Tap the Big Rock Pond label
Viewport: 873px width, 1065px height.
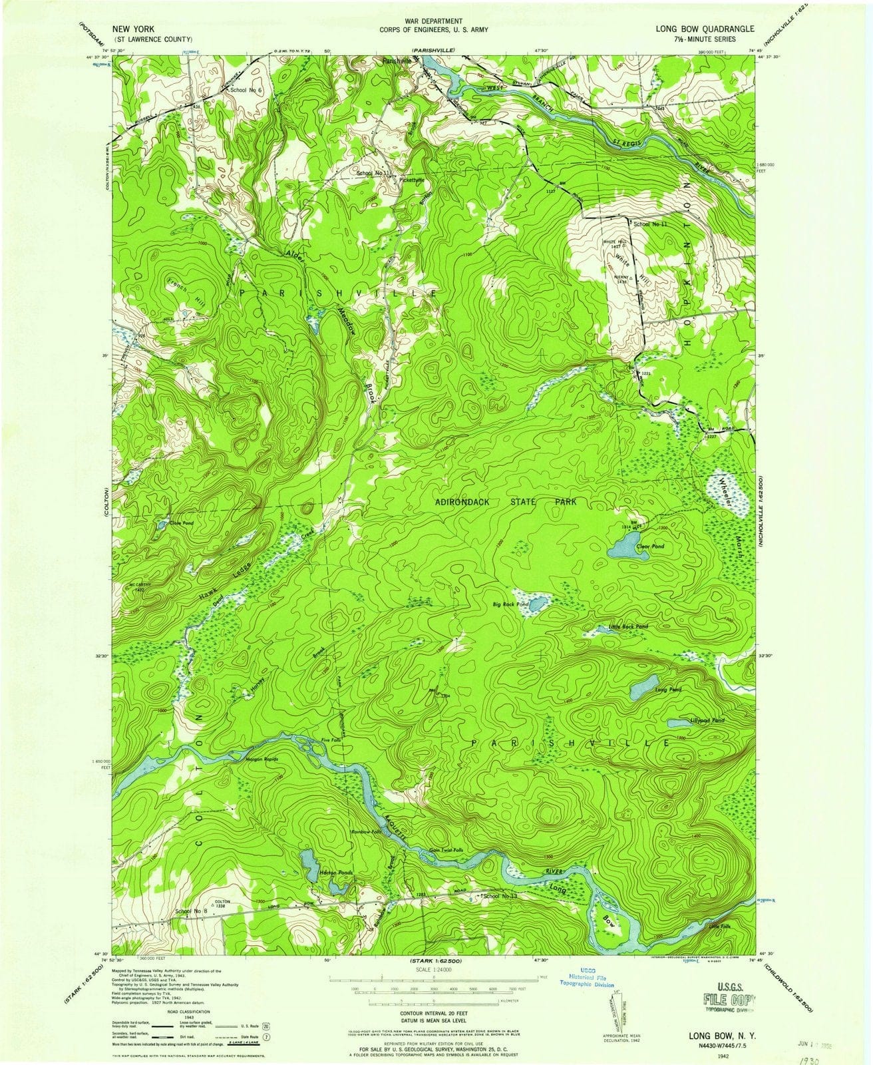[x=510, y=604]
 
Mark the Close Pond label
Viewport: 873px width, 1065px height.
[x=180, y=524]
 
